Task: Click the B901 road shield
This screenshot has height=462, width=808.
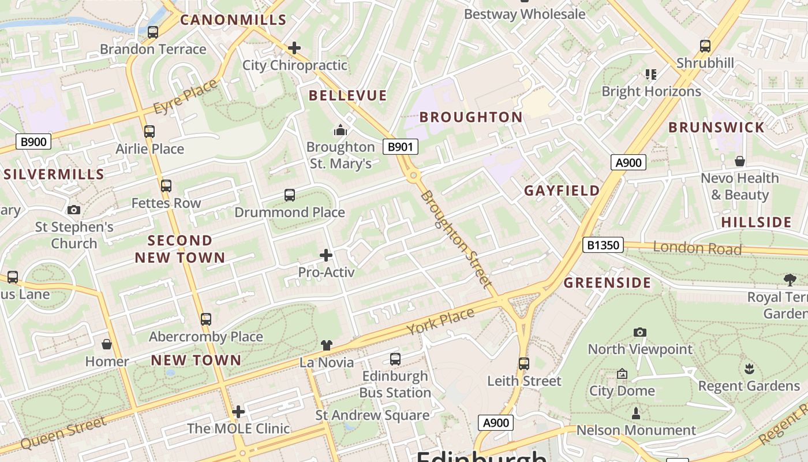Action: click(400, 147)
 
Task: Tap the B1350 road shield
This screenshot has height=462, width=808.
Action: click(603, 245)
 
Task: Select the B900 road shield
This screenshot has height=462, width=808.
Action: click(33, 141)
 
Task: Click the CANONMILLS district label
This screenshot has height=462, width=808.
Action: click(233, 20)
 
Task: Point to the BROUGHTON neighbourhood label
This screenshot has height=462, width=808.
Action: click(471, 117)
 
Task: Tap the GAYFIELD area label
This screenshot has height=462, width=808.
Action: click(562, 191)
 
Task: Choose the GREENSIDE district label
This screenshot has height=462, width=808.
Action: click(607, 282)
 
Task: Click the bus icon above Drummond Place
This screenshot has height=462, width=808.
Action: click(290, 195)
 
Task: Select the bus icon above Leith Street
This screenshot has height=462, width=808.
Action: click(524, 364)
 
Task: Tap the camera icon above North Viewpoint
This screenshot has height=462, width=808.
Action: click(639, 332)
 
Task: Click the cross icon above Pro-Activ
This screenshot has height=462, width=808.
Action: click(326, 255)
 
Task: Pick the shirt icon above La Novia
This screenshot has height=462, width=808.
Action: click(327, 345)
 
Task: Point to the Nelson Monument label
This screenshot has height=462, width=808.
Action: click(636, 430)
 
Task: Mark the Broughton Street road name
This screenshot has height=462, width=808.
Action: click(456, 239)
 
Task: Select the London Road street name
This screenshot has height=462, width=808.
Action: click(697, 248)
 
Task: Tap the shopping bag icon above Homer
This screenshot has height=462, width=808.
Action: click(107, 344)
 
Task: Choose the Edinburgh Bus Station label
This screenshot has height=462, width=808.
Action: click(395, 384)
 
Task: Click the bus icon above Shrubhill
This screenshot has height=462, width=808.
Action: click(705, 46)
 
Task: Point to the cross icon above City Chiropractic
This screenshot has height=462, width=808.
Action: click(294, 47)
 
